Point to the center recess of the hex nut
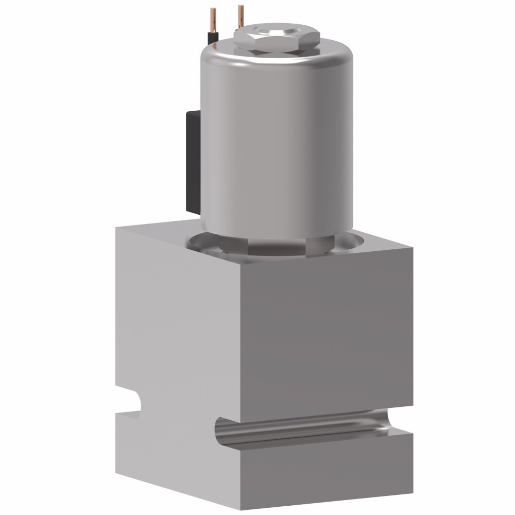pyautogui.click(x=277, y=32)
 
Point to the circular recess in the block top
pyautogui.click(x=355, y=242)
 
